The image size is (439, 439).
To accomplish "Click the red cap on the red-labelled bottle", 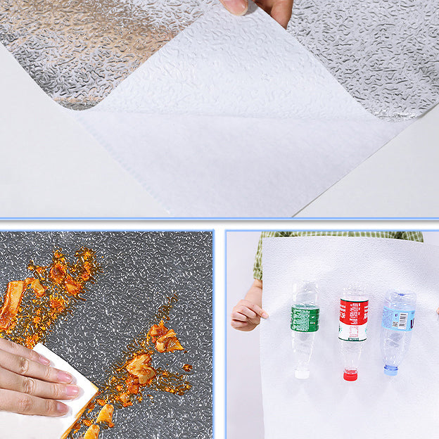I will tap(350, 376).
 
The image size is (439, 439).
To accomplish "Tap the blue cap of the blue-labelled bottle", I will tap(391, 369).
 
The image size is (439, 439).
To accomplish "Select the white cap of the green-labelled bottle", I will tap(303, 373).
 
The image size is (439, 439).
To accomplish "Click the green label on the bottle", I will tap(305, 318).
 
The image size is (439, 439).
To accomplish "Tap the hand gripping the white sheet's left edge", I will tap(248, 314).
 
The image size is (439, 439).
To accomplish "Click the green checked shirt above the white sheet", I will tap(338, 236).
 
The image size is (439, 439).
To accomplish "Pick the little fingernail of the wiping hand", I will tap(62, 406).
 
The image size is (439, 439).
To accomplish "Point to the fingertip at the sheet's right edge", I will tap(437, 310).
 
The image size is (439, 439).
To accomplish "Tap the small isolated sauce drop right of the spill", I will tap(186, 367).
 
